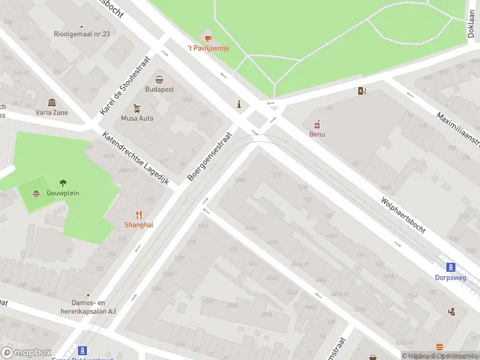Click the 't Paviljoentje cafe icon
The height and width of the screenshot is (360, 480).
click(x=208, y=38)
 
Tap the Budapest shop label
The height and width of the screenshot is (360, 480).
click(x=160, y=89)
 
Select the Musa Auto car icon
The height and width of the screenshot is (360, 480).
click(x=137, y=109)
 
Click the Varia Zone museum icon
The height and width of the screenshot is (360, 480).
click(x=52, y=103)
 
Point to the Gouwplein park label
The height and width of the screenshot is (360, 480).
click(x=63, y=193)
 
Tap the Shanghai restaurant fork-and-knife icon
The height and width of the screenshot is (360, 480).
click(x=139, y=215)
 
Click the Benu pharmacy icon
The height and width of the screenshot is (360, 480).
click(x=317, y=125)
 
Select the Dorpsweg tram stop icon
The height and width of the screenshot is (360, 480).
click(x=450, y=268)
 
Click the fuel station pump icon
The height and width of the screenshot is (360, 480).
click(x=362, y=91)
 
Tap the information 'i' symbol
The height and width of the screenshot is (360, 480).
click(x=239, y=104)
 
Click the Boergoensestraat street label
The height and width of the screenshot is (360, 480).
click(x=209, y=157)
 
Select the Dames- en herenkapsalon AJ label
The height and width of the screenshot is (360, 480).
click(x=88, y=308)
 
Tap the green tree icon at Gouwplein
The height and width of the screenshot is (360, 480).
click(x=63, y=183)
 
